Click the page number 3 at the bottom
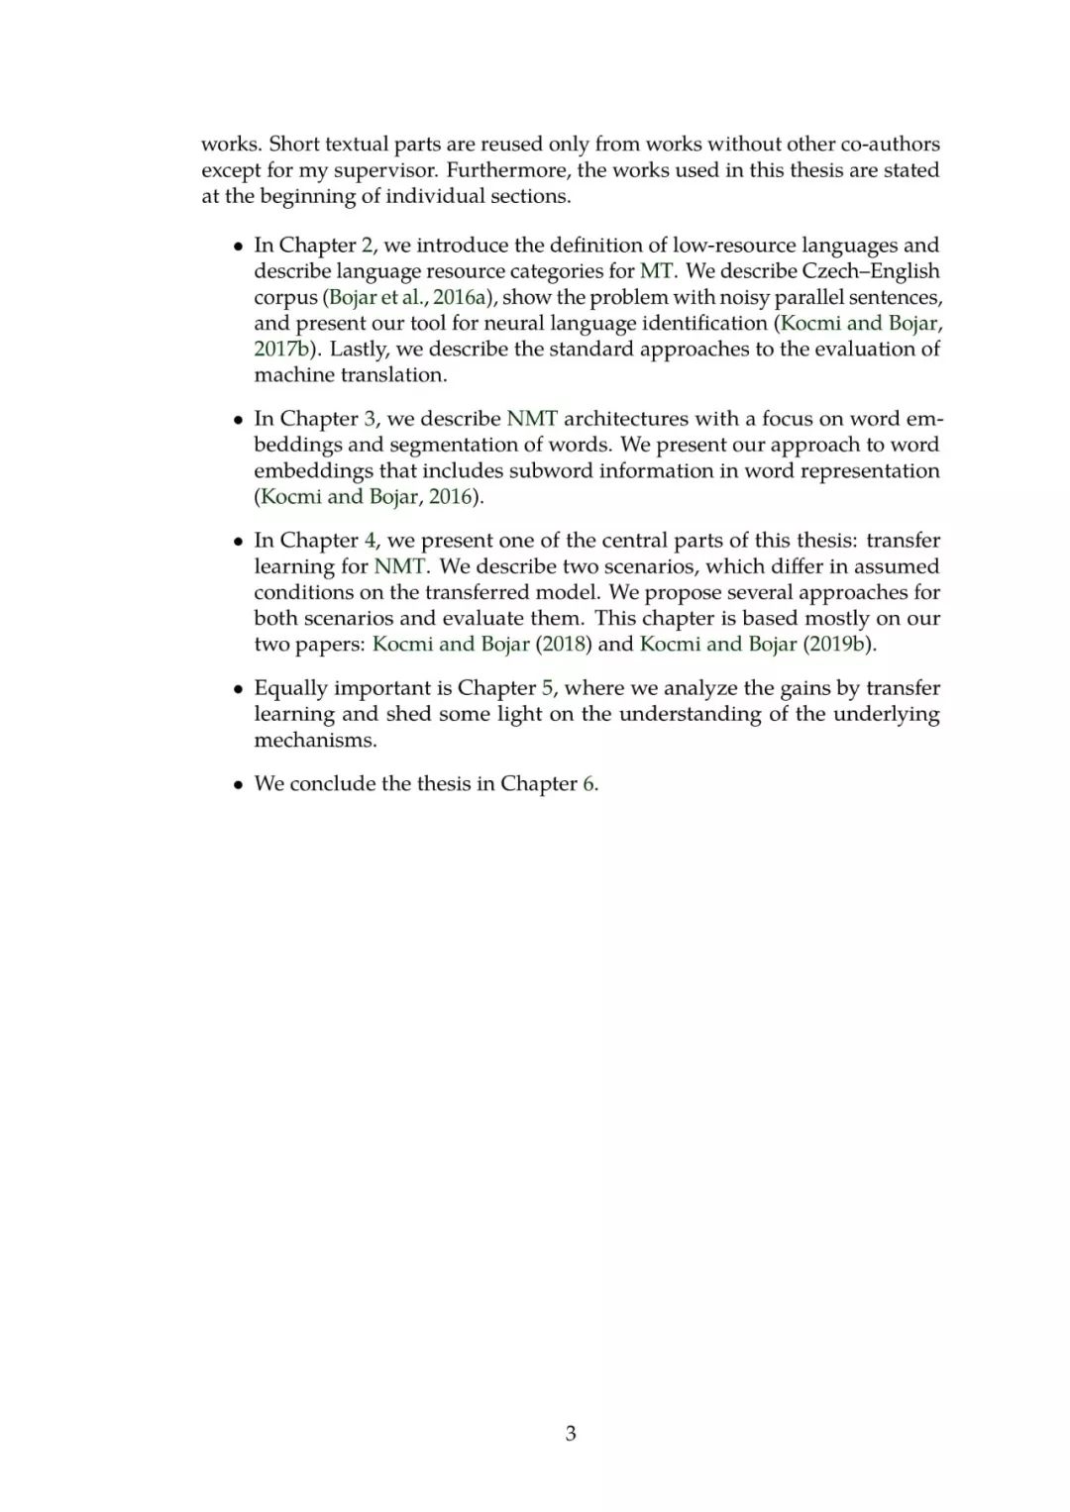coord(571,1433)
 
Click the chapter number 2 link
coord(368,246)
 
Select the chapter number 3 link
coord(370,419)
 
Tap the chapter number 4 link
coord(371,541)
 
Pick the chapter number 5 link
coord(548,688)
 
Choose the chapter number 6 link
coord(589,784)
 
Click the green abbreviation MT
coord(656,271)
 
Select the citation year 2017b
coord(282,349)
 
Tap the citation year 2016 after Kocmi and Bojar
coord(451,497)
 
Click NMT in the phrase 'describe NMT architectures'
coord(532,419)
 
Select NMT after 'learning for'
coord(399,566)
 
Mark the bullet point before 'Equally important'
coord(238,689)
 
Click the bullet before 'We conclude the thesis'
coord(238,785)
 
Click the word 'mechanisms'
coord(315,741)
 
